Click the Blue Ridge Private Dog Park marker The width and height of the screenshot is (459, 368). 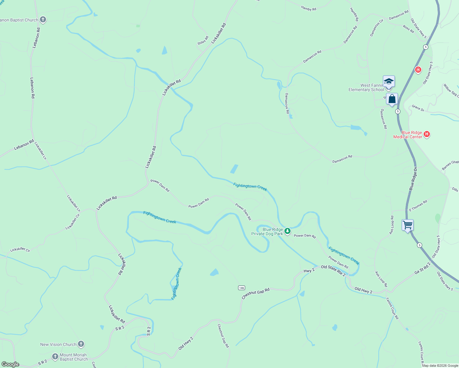[x=287, y=231]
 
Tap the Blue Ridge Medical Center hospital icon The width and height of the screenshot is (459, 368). [x=426, y=134]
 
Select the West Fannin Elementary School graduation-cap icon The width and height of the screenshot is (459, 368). [x=389, y=82]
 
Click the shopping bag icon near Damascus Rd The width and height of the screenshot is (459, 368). [x=392, y=99]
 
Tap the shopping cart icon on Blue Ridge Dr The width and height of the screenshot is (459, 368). [x=408, y=225]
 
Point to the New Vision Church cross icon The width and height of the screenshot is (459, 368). [x=81, y=344]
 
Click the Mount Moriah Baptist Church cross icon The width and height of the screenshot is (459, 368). [x=55, y=357]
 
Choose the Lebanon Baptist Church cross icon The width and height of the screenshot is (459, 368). [x=43, y=20]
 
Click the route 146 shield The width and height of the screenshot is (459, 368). [x=241, y=288]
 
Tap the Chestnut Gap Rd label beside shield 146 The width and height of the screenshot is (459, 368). [x=256, y=293]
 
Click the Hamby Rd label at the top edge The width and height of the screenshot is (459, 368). [x=309, y=9]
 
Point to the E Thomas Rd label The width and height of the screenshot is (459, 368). [x=418, y=206]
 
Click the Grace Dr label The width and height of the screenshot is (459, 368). [x=418, y=108]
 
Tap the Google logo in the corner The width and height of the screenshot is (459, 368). [x=10, y=364]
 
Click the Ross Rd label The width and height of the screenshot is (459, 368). [x=408, y=29]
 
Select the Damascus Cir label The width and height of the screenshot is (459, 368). [x=376, y=28]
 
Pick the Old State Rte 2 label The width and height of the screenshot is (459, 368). [x=333, y=271]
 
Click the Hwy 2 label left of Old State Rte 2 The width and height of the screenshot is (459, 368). [x=309, y=271]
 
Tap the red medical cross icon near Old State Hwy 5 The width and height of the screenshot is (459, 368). [x=418, y=70]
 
